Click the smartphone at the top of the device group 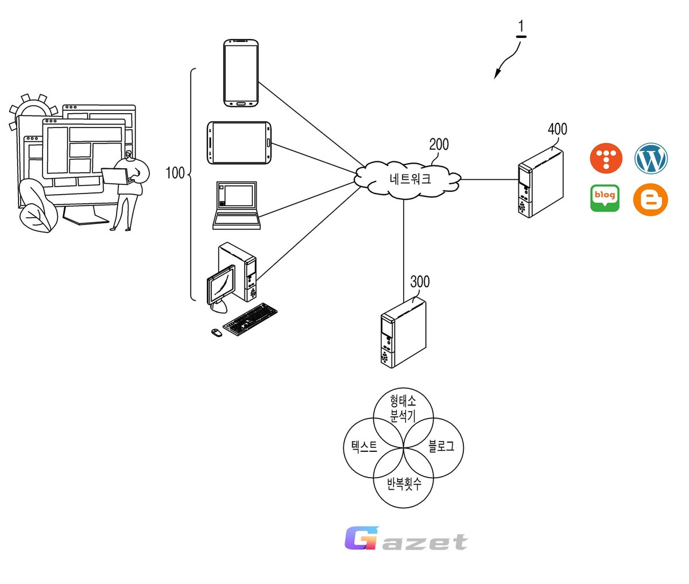tap(241, 73)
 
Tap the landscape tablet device tap(239, 142)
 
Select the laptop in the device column tap(237, 206)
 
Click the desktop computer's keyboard tap(250, 319)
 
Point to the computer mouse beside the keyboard tap(216, 332)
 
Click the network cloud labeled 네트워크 tap(407, 180)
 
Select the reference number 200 tap(439, 144)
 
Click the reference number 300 tap(420, 282)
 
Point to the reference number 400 tap(558, 129)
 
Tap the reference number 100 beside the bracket tap(175, 173)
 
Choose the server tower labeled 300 tap(403, 332)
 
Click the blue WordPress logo tap(651, 158)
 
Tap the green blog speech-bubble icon tap(605, 198)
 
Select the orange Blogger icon tap(651, 199)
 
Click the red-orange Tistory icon tap(606, 158)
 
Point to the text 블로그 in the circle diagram tap(441, 446)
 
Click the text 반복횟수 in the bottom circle tap(404, 484)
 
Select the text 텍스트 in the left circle tap(364, 446)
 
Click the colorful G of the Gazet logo tap(361, 537)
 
